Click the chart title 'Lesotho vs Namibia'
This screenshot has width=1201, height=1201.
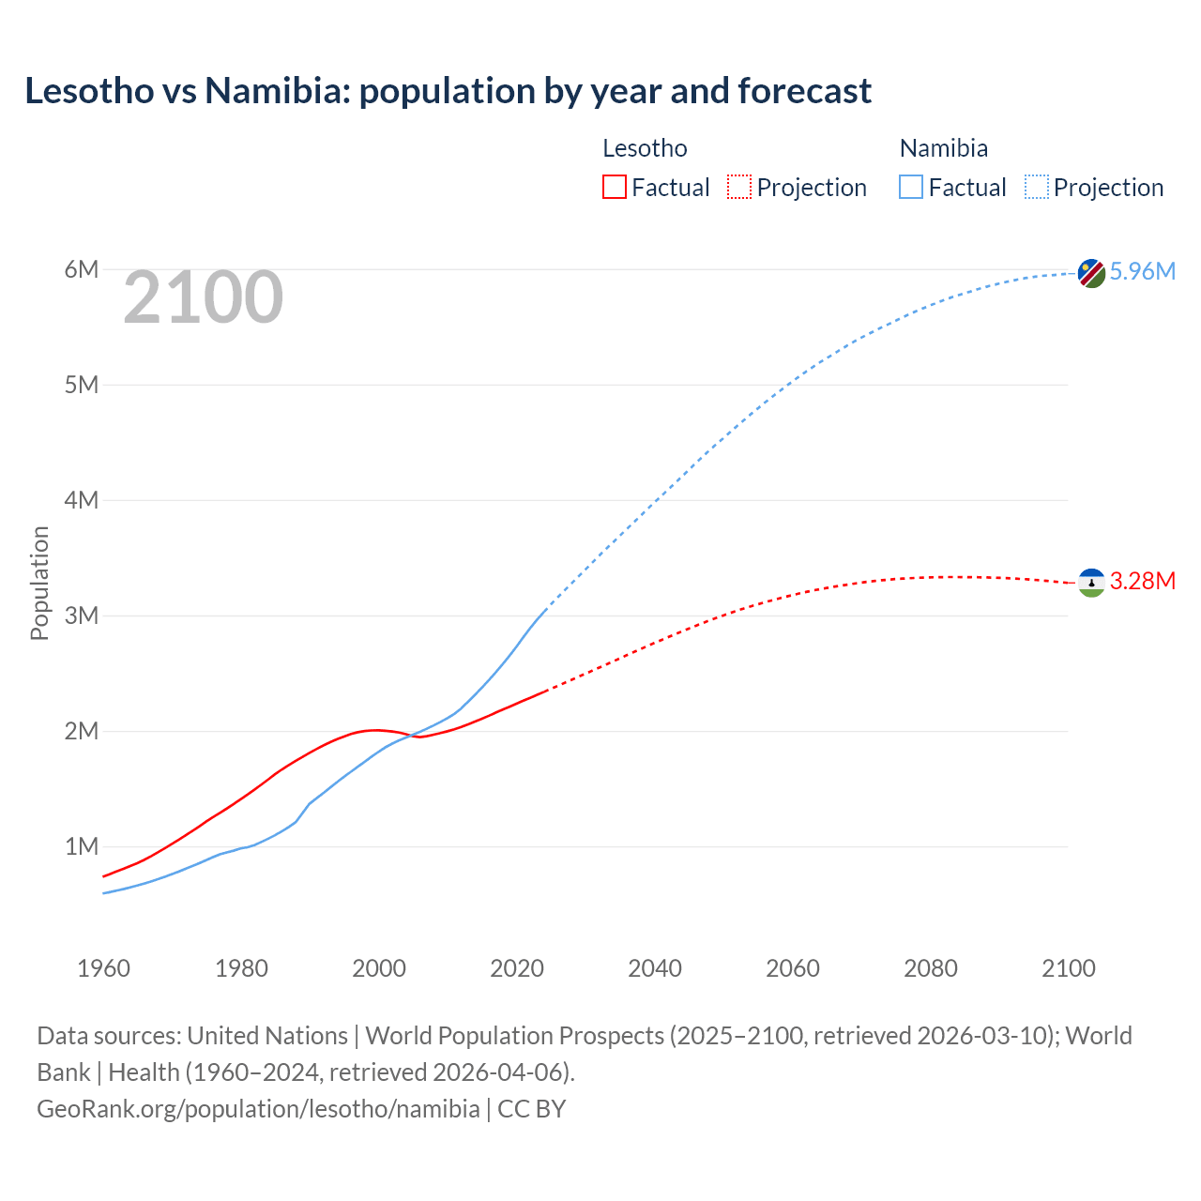[448, 91]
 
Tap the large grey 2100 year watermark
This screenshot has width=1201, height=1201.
[203, 297]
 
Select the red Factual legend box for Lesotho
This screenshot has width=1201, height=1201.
[614, 188]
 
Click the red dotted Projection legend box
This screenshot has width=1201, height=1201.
[739, 188]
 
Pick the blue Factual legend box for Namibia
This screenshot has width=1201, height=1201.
[911, 188]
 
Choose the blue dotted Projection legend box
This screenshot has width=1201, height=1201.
[1037, 188]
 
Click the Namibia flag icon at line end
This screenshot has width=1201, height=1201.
[1091, 273]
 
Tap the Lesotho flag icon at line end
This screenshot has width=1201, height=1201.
[1091, 583]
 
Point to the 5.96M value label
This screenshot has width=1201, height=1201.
[1142, 271]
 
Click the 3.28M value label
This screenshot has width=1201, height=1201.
[1142, 581]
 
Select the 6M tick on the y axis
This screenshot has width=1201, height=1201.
[82, 270]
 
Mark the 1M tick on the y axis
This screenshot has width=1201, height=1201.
[82, 847]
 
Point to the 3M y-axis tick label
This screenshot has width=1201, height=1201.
[82, 616]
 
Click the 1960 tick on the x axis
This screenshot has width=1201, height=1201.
[103, 968]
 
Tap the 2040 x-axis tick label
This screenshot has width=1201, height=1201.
[655, 968]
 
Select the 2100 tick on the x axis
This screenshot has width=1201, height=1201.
[1068, 968]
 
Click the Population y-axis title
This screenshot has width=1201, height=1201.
[39, 583]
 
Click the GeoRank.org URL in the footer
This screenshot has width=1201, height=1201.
[258, 1109]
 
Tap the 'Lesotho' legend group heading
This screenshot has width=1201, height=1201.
[645, 148]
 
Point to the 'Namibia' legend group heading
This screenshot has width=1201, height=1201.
[943, 148]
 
